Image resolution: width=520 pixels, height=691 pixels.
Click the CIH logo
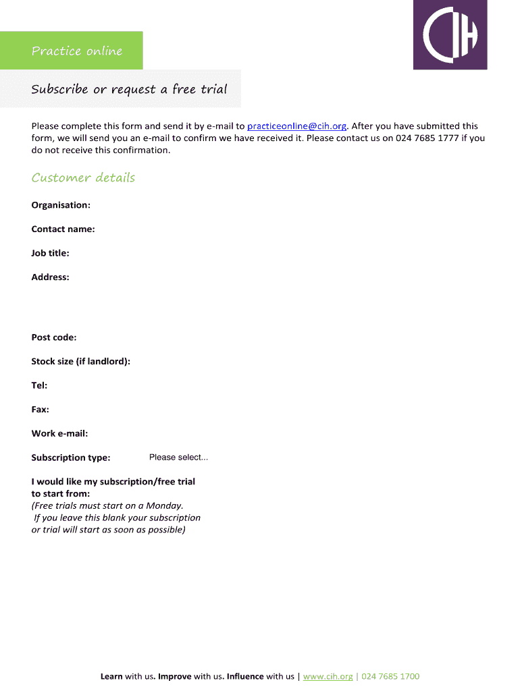tap(450, 34)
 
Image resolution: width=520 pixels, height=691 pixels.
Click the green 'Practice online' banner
tap(76, 51)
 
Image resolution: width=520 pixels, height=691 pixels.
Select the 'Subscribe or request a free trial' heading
tap(129, 89)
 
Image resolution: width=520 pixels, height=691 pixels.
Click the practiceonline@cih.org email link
tap(297, 126)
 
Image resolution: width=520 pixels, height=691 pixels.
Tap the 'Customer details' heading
tap(83, 177)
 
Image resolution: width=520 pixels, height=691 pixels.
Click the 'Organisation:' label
tap(61, 205)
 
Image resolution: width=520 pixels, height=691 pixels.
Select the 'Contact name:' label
tap(63, 229)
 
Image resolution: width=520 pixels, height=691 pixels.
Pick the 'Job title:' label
tap(50, 254)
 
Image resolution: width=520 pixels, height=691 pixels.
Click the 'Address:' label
tap(50, 277)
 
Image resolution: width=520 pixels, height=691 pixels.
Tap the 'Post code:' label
tap(54, 337)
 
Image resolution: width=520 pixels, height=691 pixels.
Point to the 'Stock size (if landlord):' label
tap(80, 362)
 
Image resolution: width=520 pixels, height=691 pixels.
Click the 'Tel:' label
tap(39, 386)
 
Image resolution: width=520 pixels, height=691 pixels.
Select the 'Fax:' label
tap(40, 410)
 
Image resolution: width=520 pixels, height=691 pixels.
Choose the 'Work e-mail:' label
tap(59, 434)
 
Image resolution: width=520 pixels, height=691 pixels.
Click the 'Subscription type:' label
tap(71, 458)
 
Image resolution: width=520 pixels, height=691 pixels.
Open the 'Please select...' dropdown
tap(179, 458)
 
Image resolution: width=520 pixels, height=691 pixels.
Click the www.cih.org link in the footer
tap(328, 676)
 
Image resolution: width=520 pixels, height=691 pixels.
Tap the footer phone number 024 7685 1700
tap(390, 676)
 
